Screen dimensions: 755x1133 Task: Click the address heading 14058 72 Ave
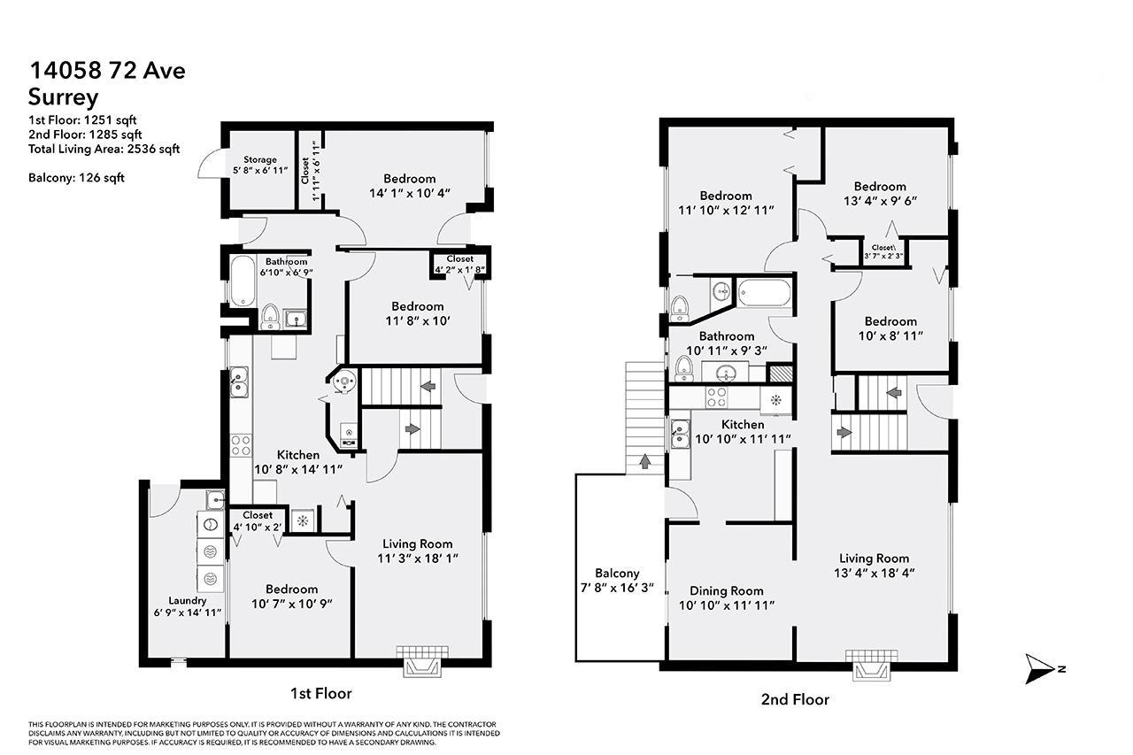coord(107,71)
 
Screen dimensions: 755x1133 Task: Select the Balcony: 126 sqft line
coord(76,178)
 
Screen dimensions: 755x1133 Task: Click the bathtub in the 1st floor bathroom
coord(240,281)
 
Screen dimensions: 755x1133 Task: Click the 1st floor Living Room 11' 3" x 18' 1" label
coord(417,551)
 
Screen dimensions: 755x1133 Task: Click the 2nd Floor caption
coord(795,699)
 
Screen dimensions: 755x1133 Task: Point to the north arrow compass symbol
coord(1042,668)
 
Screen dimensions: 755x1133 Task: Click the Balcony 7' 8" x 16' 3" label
coord(617,580)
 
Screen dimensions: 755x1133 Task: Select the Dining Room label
coord(726,597)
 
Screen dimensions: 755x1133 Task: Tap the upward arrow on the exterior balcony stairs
coord(644,461)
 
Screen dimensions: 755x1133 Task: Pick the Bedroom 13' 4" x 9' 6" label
coord(880,193)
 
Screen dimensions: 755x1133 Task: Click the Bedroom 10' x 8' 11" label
coord(890,328)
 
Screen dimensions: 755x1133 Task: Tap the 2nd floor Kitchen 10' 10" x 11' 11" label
coord(742,432)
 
